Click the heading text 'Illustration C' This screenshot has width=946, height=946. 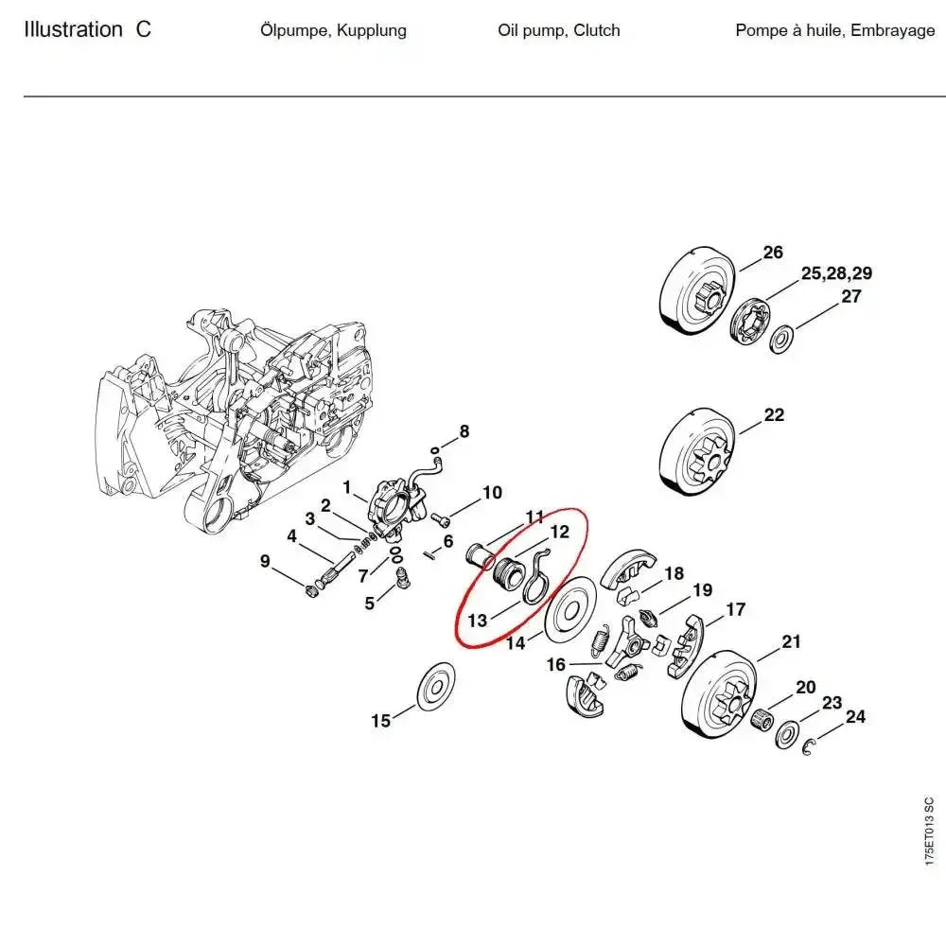87,29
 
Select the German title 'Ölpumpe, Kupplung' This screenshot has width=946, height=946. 333,30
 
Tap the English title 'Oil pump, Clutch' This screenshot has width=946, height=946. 559,30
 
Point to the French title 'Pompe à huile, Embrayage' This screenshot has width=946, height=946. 835,30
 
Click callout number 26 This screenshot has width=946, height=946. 773,253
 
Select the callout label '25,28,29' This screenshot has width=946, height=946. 836,274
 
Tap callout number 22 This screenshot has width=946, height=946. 774,415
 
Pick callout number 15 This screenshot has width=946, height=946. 380,721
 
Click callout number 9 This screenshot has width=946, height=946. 266,562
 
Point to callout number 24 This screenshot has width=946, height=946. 854,717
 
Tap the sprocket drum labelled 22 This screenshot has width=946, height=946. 696,451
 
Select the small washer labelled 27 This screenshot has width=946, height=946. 782,338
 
